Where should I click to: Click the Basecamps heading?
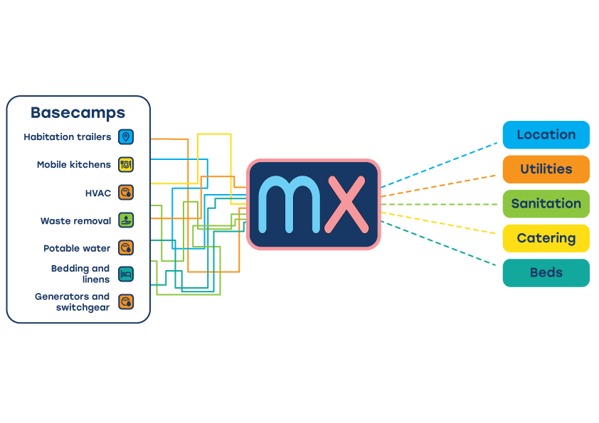coord(78,113)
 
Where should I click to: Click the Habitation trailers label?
coord(68,136)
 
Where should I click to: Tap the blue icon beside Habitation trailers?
coord(126,136)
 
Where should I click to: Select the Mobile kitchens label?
coord(74,165)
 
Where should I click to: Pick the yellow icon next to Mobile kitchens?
coord(126,165)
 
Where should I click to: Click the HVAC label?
coord(98,193)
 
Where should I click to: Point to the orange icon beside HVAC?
coord(126,193)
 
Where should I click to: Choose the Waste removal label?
coord(76,221)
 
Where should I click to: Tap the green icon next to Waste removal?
coord(126,220)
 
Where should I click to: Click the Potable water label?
coord(77,249)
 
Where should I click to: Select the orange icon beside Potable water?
coord(126,248)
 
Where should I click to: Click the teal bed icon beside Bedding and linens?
coord(126,274)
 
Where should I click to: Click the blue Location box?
coord(546,135)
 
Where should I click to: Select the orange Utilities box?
coord(546,169)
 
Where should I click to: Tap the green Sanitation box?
coord(546,204)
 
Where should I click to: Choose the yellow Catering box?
coord(546,238)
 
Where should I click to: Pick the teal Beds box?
coord(546,273)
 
